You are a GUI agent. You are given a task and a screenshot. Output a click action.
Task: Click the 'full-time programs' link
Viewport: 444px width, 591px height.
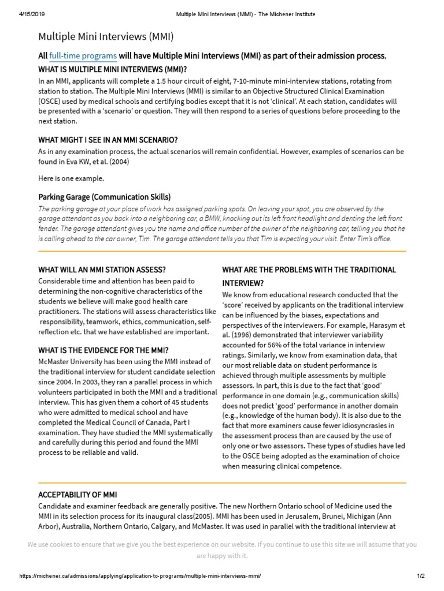(x=83, y=56)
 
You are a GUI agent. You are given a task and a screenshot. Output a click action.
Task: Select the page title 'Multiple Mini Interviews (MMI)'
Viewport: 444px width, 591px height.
(x=106, y=37)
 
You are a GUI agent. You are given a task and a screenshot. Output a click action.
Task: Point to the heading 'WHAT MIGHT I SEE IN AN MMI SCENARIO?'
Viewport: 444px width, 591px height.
(x=108, y=140)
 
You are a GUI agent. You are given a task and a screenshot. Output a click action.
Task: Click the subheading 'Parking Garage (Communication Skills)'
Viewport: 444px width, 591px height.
(x=104, y=196)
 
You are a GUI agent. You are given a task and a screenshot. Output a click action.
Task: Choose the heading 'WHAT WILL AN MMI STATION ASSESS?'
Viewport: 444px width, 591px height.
(x=102, y=270)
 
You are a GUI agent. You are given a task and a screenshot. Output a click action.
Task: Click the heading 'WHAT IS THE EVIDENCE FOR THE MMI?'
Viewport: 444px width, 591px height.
(x=103, y=350)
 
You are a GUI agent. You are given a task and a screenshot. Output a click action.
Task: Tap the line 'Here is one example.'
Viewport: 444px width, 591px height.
(x=71, y=178)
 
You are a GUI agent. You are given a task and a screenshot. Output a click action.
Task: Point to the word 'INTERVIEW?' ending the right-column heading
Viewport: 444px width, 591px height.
(x=243, y=283)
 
